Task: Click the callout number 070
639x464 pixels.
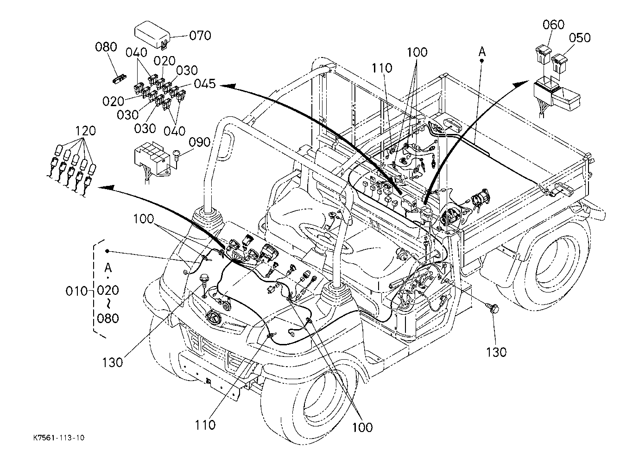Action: [200, 36]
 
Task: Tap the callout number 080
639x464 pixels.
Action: [107, 47]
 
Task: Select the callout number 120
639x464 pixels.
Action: [86, 131]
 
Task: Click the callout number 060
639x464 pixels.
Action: [554, 25]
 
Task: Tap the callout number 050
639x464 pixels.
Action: [580, 38]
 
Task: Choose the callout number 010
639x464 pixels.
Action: [77, 291]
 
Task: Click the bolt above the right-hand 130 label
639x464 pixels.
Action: [493, 308]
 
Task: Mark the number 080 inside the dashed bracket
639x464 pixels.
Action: [108, 318]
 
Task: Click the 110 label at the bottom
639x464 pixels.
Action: [205, 424]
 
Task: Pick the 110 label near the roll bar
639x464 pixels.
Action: [381, 68]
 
